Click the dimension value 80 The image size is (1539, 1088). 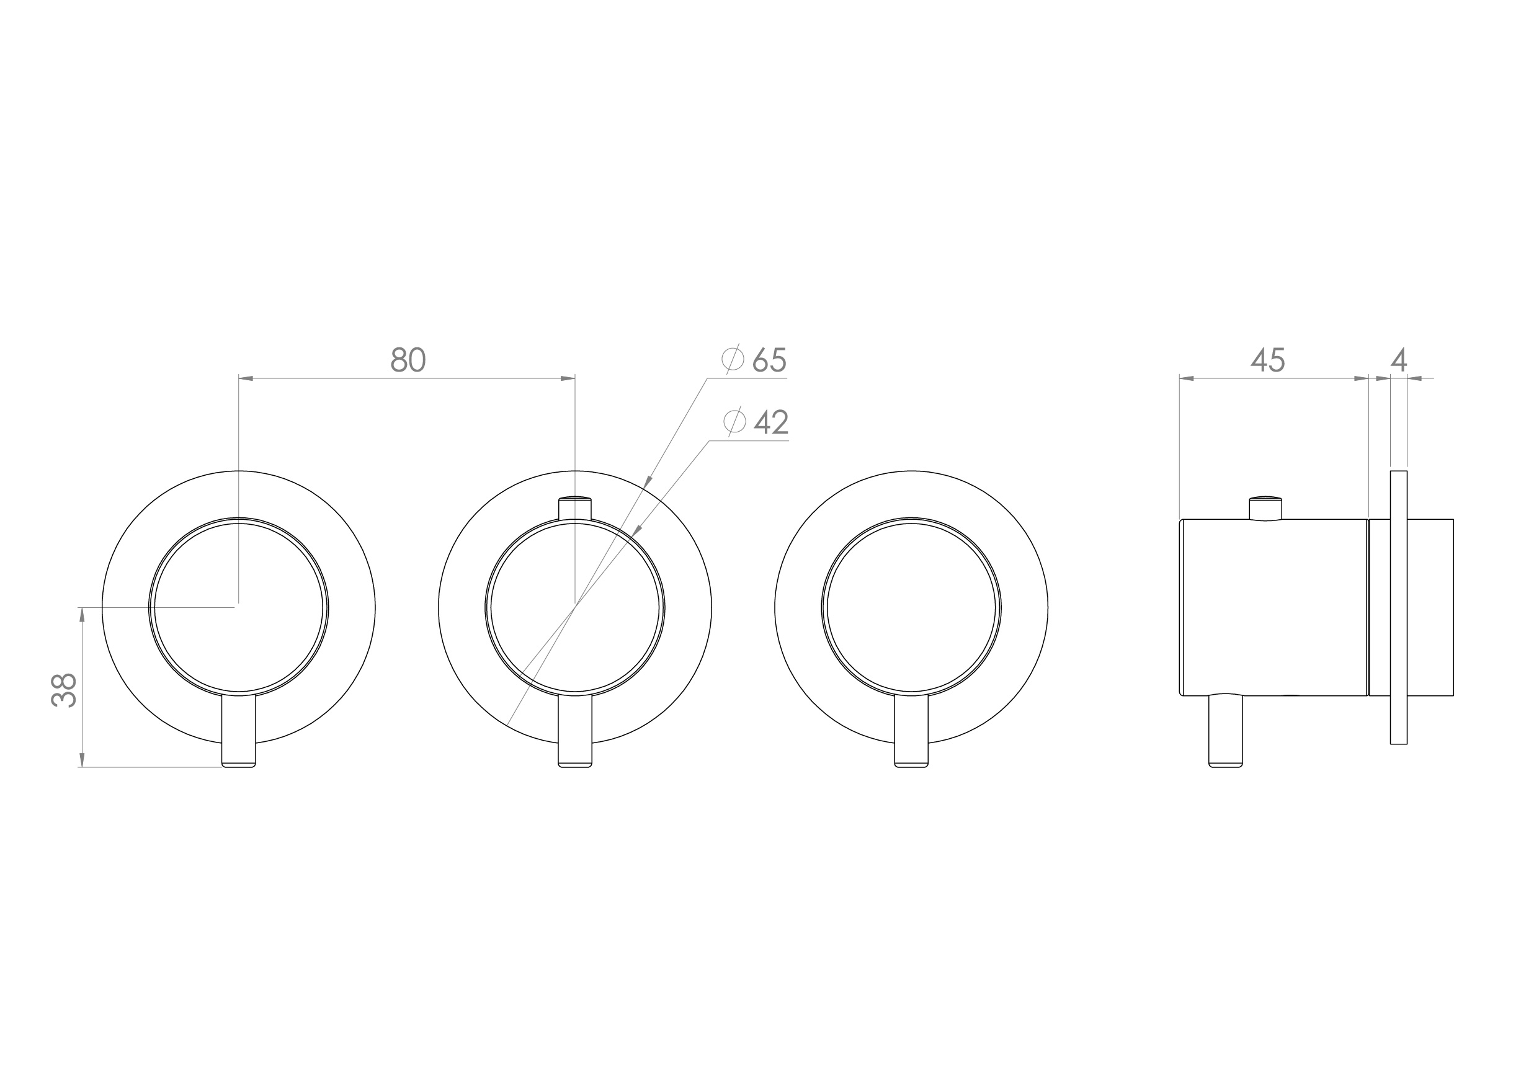(408, 360)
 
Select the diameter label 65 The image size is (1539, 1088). (769, 360)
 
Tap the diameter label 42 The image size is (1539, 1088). (771, 422)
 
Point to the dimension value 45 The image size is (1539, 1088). (1267, 360)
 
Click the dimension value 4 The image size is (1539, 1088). (1398, 360)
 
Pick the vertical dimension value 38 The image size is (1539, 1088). (65, 690)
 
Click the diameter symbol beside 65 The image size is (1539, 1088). (733, 359)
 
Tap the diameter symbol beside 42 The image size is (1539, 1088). (734, 422)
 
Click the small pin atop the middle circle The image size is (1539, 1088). (575, 507)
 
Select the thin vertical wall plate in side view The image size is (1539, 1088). (1398, 607)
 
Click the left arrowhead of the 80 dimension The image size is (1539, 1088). (246, 379)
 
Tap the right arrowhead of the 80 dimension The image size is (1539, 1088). (568, 379)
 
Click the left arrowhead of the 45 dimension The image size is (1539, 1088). (1187, 379)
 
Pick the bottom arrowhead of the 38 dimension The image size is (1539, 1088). (82, 759)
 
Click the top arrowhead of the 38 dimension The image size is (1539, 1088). (82, 615)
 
